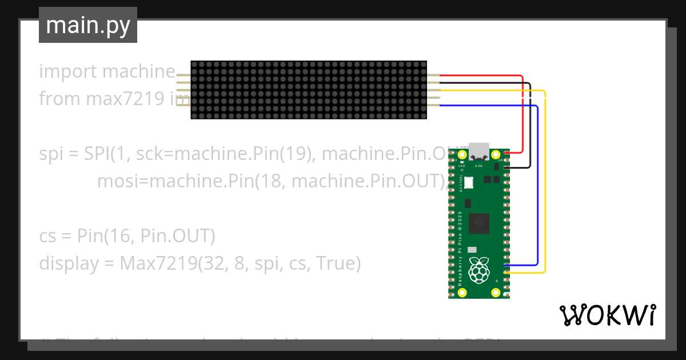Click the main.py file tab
point(87,25)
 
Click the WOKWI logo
point(607,315)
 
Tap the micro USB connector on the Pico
point(478,151)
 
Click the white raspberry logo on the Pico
point(478,270)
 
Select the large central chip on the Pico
point(478,223)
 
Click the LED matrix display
point(309,90)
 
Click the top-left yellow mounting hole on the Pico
point(461,154)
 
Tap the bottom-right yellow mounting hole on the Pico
point(496,293)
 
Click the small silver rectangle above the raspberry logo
point(472,250)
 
